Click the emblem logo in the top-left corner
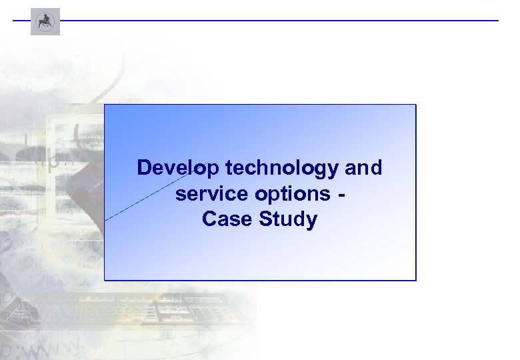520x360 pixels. tap(45, 21)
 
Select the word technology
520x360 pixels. tap(282, 169)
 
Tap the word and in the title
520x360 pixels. tap(363, 168)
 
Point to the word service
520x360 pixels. tap(210, 193)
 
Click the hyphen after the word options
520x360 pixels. tap(342, 194)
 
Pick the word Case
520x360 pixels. tap(224, 219)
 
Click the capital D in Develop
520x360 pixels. tap(143, 168)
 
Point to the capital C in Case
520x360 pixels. tap(208, 219)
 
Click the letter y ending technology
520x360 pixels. tap(333, 171)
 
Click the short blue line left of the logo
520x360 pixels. tap(21, 21)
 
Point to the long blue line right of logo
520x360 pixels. tap(280, 21)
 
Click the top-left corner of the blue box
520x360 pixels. tap(105, 105)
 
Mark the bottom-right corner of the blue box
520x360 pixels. tap(415, 279)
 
